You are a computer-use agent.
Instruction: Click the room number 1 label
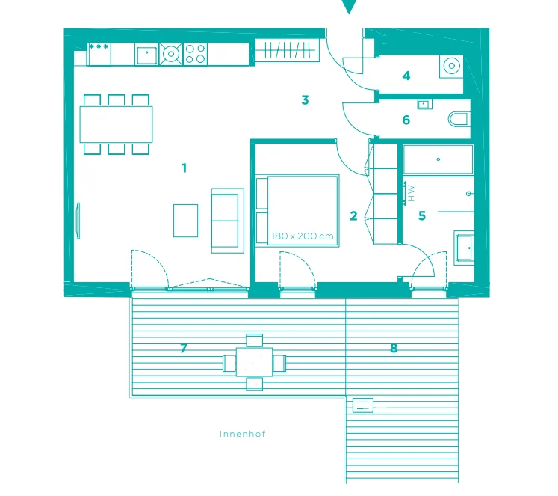184,168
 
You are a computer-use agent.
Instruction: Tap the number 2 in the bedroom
353,216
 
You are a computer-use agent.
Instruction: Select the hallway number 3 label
305,100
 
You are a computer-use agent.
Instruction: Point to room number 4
406,76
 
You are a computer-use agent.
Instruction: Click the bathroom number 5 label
422,215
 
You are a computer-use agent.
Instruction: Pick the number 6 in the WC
406,120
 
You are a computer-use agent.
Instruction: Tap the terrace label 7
184,348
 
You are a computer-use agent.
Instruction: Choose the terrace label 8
394,348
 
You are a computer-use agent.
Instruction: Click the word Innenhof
242,434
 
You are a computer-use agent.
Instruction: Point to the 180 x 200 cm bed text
302,236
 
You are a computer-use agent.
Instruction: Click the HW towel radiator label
411,193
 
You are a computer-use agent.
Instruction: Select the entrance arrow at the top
349,7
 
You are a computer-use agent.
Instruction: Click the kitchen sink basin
146,55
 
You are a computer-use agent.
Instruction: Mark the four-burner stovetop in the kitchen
195,54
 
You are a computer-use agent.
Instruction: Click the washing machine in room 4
451,66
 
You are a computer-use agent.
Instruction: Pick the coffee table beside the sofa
185,221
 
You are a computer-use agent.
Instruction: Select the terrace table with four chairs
254,362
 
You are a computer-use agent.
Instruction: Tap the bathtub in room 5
438,159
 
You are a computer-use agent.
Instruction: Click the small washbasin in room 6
424,104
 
